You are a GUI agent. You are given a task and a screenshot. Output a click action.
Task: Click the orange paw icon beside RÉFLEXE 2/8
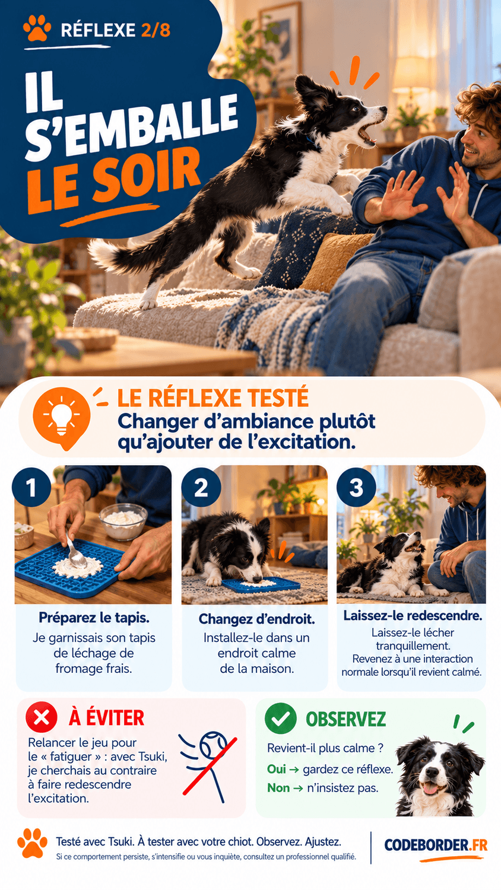coord(37,28)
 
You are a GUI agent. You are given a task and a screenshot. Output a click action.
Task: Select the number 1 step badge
coord(31,487)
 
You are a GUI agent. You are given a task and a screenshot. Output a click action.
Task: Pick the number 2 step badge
coord(201,487)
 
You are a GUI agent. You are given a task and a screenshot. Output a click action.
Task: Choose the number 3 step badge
coord(356,487)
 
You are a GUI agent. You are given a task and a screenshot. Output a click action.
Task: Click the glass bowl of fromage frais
coord(123,521)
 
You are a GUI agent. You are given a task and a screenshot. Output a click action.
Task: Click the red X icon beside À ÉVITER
coord(42,717)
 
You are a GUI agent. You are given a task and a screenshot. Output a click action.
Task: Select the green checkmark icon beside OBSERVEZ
coord(281,718)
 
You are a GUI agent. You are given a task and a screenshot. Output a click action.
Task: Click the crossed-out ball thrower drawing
coord(208,765)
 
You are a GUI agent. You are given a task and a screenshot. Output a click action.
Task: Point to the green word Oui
coord(277,769)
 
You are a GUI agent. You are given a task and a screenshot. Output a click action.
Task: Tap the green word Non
coord(278,787)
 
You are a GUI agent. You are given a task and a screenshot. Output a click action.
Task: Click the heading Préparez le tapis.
coord(94,618)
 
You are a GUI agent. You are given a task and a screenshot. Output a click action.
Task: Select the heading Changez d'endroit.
coord(256,619)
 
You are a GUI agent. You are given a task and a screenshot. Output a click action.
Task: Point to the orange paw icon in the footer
coord(32,843)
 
